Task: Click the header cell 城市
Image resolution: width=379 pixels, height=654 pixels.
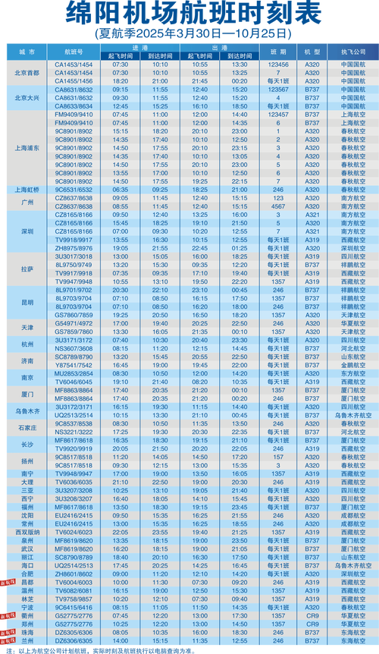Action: click(27, 51)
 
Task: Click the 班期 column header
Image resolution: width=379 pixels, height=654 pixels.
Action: click(277, 51)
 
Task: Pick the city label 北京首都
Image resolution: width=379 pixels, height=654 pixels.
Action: click(27, 73)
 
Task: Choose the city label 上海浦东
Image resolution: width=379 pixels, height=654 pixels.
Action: click(27, 149)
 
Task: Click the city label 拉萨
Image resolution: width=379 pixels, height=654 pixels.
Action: click(27, 269)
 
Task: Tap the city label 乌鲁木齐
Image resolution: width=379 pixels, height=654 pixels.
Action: click(27, 410)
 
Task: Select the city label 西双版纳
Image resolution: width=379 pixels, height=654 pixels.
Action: click(27, 533)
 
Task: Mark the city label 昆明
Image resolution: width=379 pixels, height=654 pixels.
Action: click(27, 302)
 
